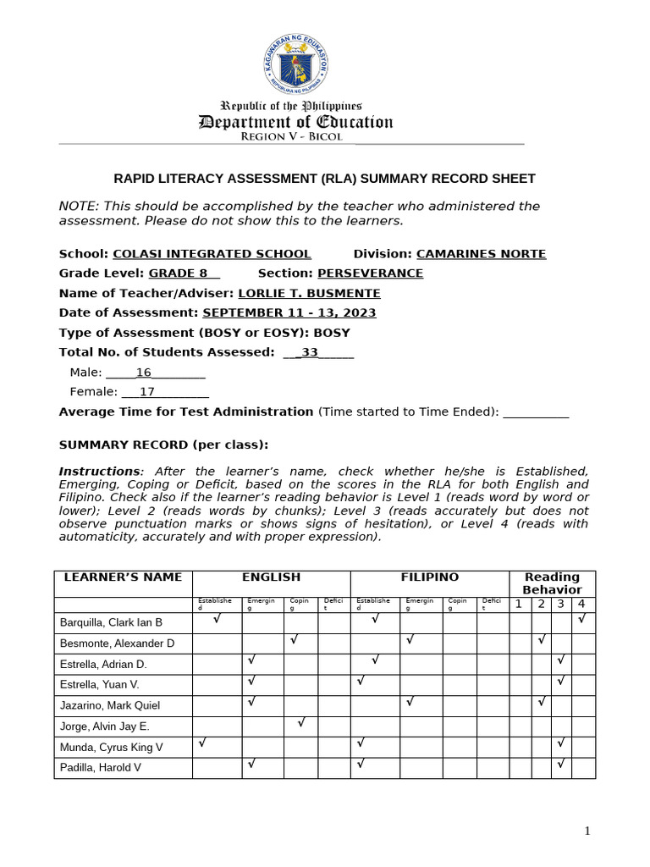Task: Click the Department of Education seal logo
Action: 295,65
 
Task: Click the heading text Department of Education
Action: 295,122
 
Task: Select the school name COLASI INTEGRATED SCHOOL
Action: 212,254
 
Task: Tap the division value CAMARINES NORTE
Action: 481,254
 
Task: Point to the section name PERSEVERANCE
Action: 370,273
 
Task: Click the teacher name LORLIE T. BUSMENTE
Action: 309,294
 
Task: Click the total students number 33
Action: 310,353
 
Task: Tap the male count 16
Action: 143,373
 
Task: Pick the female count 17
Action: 147,392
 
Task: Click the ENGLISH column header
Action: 271,577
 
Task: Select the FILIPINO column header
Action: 430,577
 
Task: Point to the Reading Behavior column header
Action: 552,583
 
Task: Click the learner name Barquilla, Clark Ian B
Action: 111,623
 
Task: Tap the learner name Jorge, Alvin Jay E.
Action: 104,726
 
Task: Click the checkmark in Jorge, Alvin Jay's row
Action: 301,723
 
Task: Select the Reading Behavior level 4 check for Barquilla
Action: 581,620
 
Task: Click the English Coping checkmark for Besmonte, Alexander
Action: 294,640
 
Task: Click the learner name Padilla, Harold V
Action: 101,768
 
